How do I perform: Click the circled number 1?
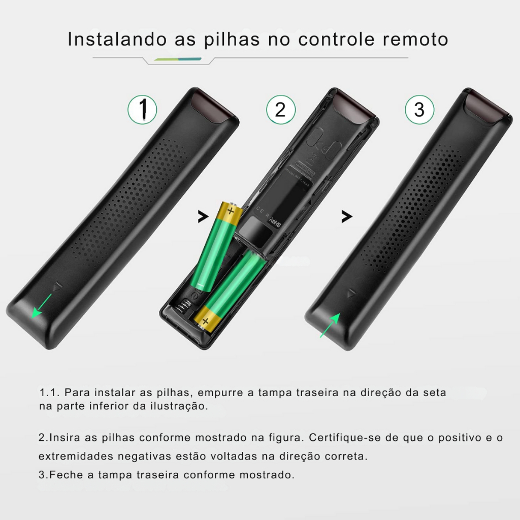(142, 110)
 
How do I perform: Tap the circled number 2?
(280, 110)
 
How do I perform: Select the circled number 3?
(419, 110)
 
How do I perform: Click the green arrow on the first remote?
(42, 306)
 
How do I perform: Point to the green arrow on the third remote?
(330, 325)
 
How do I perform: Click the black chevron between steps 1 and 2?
(203, 216)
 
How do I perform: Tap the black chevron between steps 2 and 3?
(347, 216)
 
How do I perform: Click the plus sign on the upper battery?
(231, 211)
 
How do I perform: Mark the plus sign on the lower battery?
(205, 321)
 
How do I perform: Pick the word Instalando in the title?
(117, 39)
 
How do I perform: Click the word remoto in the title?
(415, 39)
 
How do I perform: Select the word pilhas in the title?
(232, 39)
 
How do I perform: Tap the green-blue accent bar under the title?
(178, 59)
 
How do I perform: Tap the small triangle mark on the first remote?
(58, 286)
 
